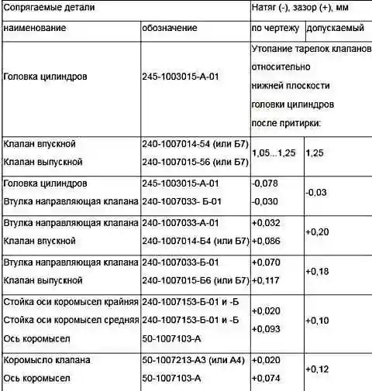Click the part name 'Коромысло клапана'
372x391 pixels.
pyautogui.click(x=47, y=360)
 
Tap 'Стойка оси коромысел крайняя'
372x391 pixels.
pyautogui.click(x=71, y=301)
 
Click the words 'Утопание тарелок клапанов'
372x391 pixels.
pyautogui.click(x=312, y=49)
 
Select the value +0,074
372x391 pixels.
pyautogui.click(x=267, y=378)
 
